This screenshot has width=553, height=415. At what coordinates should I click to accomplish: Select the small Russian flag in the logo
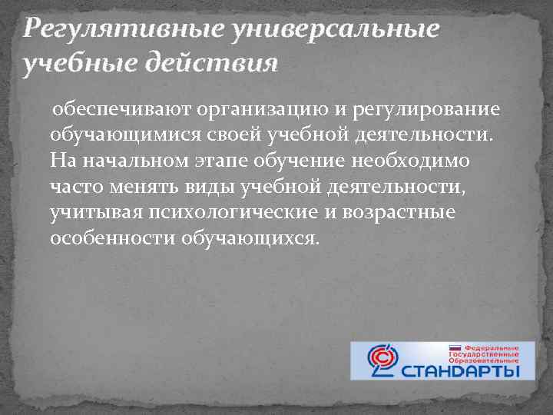click(455, 347)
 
